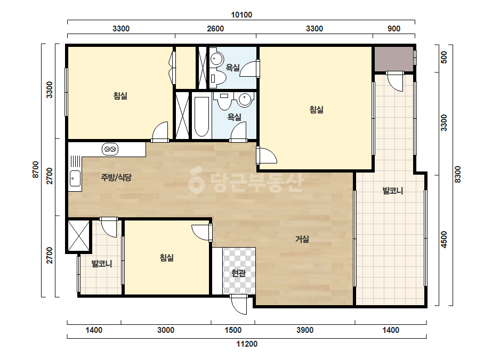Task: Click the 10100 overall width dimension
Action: coord(241,15)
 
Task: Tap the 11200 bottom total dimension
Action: coord(247,344)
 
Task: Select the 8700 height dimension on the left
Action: coord(36,170)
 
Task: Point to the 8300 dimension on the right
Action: coord(457,175)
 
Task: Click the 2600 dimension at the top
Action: coord(215,29)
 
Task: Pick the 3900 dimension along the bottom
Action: coord(305,330)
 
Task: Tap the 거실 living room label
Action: coord(302,239)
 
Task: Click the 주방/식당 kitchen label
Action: coord(116,177)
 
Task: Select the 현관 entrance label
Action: coord(238,273)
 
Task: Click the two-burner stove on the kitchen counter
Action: coord(110,149)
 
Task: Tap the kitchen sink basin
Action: coord(75,178)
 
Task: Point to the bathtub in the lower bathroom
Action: coord(201,117)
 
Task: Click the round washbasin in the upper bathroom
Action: coord(216,59)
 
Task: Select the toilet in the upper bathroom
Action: coord(218,79)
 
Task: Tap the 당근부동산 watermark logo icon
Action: coord(196,181)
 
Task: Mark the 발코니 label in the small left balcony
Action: coord(102,264)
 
